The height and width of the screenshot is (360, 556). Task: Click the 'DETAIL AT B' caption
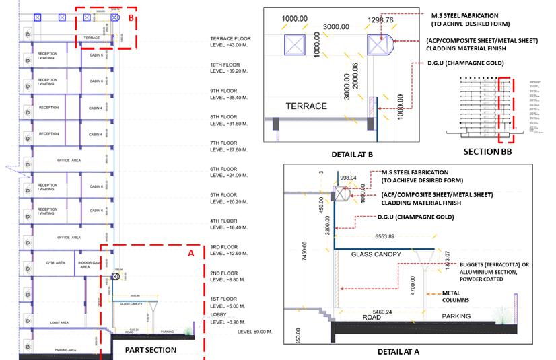(x=352, y=154)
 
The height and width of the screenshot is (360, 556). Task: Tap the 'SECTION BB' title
(x=489, y=152)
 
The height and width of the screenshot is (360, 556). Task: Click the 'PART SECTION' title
(x=151, y=350)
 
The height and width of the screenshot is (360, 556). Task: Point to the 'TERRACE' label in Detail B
(x=306, y=106)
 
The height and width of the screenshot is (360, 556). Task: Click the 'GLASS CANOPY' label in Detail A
(x=377, y=254)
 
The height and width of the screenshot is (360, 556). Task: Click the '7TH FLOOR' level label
(x=224, y=143)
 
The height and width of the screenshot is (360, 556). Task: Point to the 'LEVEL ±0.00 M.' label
(x=256, y=332)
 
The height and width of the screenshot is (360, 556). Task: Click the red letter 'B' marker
(x=131, y=17)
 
